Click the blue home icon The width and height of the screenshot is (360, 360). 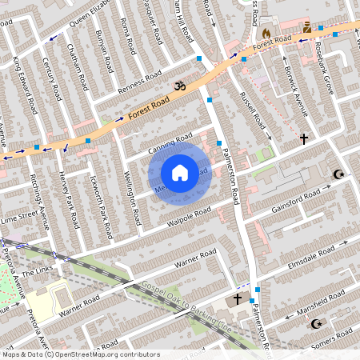click(180, 173)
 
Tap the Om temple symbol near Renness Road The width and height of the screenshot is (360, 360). click(179, 83)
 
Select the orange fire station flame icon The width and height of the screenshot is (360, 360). click(266, 34)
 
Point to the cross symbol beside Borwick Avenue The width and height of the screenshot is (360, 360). click(303, 138)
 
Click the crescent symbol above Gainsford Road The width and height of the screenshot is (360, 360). click(337, 174)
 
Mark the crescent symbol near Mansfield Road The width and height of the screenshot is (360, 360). click(315, 324)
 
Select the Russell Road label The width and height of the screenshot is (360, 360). click(254, 110)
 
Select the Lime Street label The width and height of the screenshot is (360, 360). click(19, 216)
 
